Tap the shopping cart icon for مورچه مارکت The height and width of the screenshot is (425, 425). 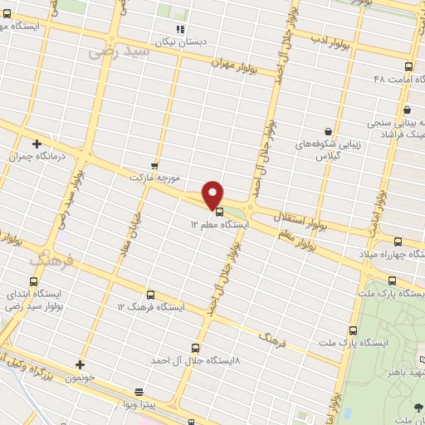154,165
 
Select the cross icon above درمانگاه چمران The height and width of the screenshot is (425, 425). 37,144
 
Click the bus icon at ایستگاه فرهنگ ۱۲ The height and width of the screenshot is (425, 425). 150,294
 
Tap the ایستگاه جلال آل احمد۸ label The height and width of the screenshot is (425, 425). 195,360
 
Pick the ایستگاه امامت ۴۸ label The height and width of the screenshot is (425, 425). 395,78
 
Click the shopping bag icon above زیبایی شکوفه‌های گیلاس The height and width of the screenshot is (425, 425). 329,132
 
